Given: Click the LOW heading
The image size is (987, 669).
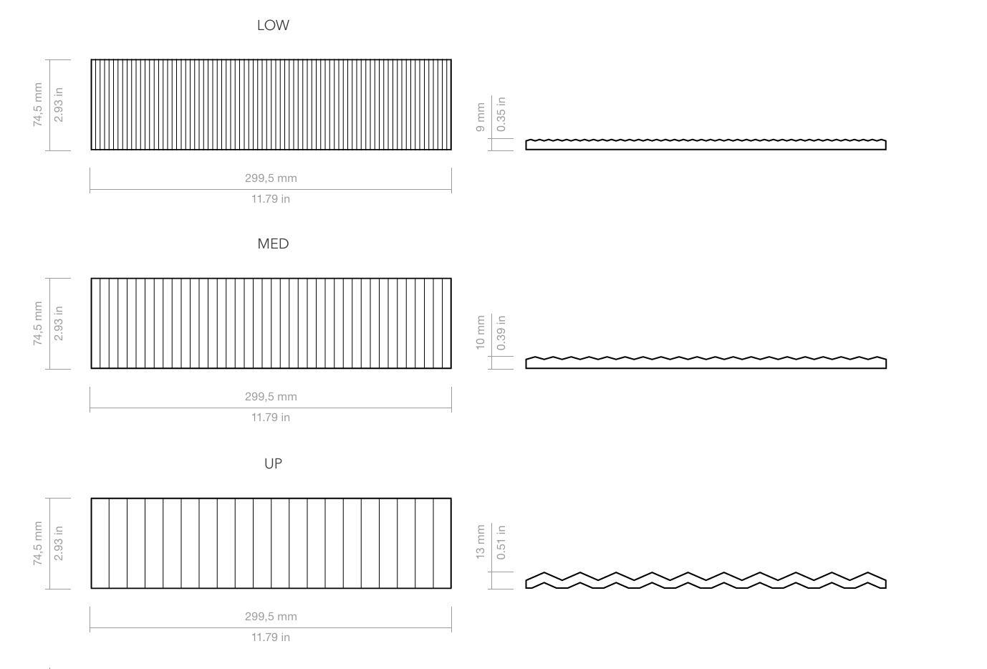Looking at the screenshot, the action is click(273, 25).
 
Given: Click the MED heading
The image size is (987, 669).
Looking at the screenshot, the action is click(273, 244).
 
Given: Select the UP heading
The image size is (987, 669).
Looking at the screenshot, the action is click(273, 463).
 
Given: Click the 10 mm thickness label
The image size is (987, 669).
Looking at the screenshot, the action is click(481, 332).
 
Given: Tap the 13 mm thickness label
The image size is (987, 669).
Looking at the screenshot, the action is click(481, 542).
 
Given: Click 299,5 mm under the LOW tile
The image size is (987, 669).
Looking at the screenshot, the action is click(271, 178).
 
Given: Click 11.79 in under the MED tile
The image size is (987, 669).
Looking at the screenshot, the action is click(271, 417).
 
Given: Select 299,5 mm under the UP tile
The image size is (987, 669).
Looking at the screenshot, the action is click(271, 616).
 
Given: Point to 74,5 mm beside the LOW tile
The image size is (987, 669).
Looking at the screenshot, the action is click(38, 105).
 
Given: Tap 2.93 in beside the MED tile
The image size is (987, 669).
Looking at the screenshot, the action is click(59, 323).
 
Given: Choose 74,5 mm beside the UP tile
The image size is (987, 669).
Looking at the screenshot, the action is click(38, 543).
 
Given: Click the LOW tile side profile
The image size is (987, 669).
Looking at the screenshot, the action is click(706, 145).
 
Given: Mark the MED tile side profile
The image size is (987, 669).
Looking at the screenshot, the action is click(706, 363).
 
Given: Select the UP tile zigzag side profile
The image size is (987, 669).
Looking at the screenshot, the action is click(706, 581).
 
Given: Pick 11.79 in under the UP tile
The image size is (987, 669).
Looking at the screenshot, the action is click(271, 637).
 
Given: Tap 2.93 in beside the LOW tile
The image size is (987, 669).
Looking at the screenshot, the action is click(59, 105).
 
